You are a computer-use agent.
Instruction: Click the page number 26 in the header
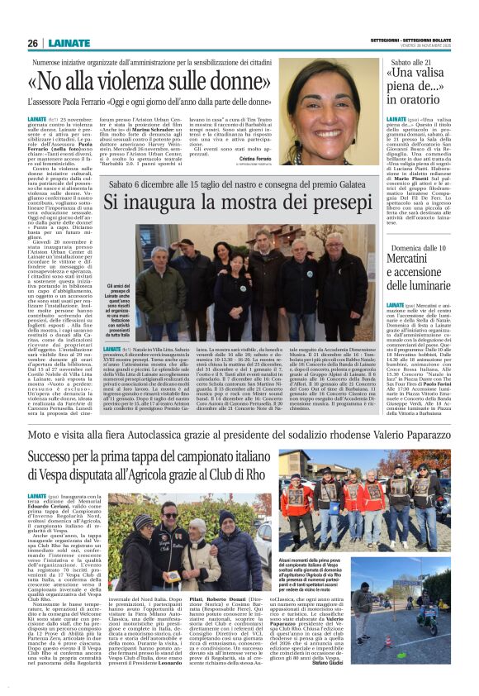[33, 43]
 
